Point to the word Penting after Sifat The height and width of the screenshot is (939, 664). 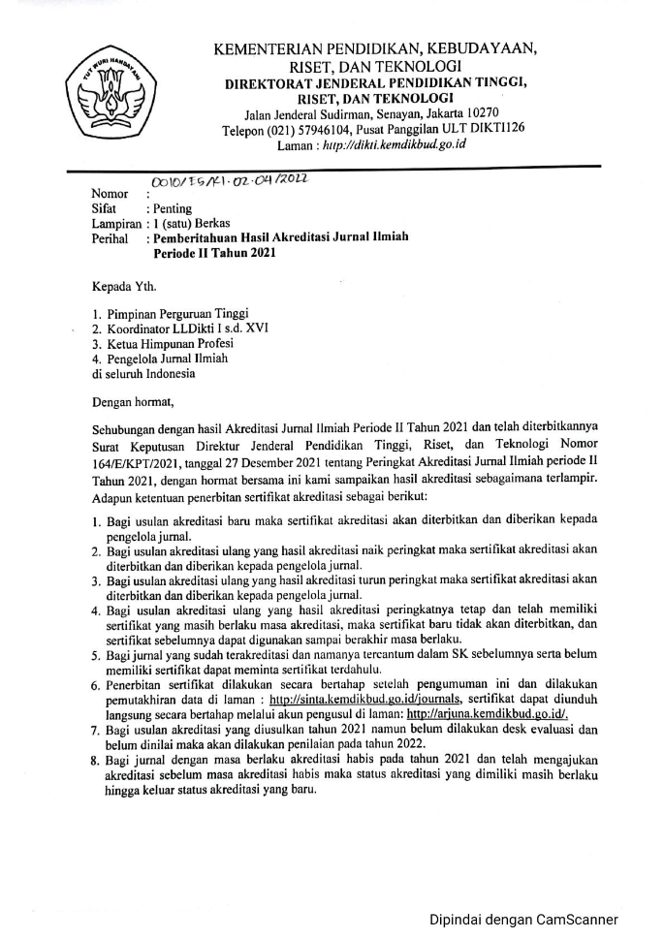coord(171,207)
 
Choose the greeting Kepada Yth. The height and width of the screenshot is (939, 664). coord(123,287)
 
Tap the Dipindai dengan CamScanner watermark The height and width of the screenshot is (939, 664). coord(523,920)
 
